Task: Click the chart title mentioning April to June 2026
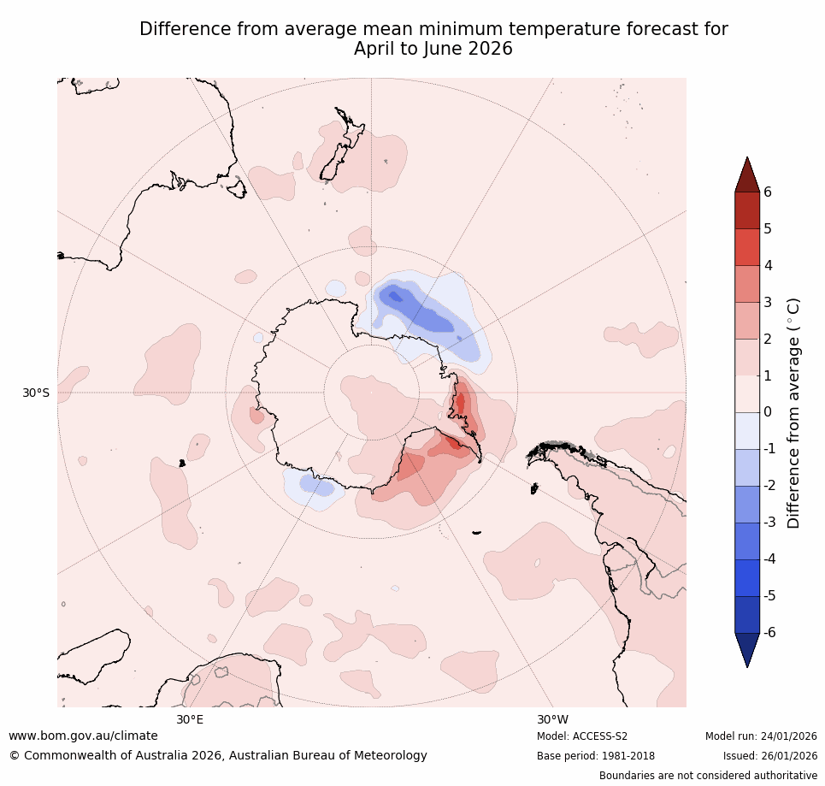[433, 39]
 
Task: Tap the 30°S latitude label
[36, 393]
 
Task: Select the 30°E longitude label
[190, 719]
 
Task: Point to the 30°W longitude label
[552, 719]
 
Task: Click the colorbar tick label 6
[767, 192]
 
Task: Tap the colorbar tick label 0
[767, 412]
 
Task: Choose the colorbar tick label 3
[767, 302]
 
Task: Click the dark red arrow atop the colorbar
[747, 175]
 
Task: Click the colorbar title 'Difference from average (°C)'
[793, 412]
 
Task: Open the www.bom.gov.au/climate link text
[83, 736]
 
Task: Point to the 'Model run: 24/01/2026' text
[761, 736]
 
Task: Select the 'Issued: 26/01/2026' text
[769, 756]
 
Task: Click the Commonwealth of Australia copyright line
[218, 755]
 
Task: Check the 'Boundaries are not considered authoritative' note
[708, 776]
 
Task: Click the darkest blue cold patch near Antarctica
[394, 296]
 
